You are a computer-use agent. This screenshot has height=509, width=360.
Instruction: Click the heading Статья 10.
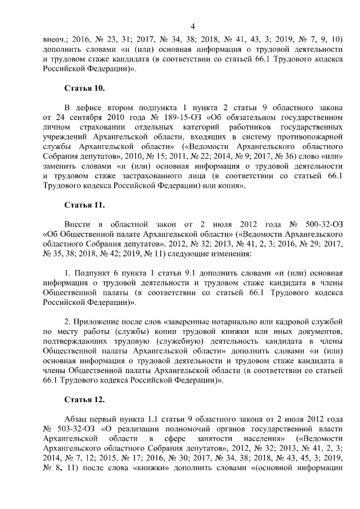point(84,89)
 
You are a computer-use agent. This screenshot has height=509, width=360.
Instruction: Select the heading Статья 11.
point(84,204)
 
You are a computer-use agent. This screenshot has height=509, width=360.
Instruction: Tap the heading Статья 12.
point(84,400)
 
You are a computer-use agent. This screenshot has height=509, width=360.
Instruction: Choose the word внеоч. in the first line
point(56,40)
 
